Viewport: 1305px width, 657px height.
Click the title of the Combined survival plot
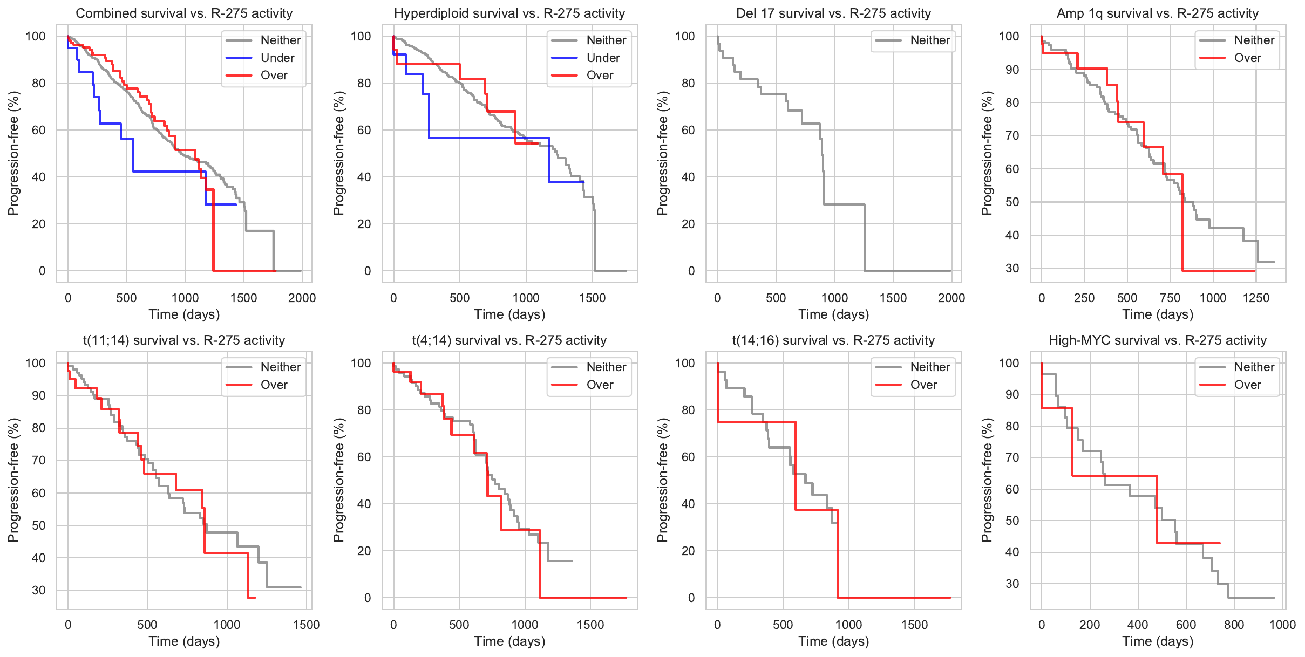click(x=184, y=13)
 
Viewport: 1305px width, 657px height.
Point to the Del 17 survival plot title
click(x=833, y=13)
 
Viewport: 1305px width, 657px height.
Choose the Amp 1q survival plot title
click(x=1158, y=13)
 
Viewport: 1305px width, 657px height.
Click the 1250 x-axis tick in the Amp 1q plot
click(x=1256, y=298)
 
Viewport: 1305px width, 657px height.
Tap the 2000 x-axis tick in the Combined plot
click(x=302, y=298)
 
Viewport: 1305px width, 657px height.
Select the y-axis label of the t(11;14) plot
click(x=13, y=480)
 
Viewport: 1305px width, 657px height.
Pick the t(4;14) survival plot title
click(x=509, y=340)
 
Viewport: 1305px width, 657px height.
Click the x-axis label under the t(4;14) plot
click(x=509, y=641)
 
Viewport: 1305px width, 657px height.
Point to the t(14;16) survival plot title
click(x=833, y=340)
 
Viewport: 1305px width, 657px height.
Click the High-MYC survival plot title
click(x=1158, y=340)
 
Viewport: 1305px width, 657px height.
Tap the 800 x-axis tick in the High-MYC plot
click(x=1234, y=625)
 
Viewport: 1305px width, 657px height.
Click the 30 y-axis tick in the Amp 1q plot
click(x=1012, y=268)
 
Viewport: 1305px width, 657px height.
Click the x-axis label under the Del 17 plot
click(x=833, y=314)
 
